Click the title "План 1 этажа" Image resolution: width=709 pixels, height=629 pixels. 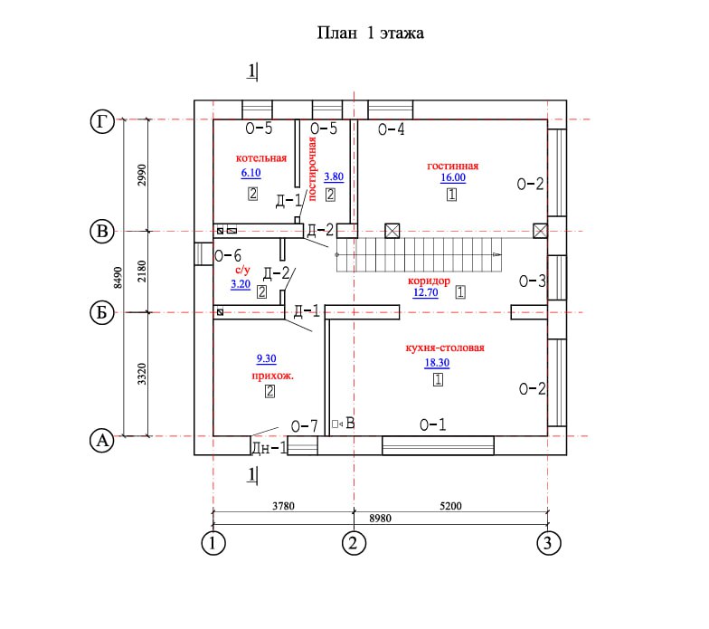[x=370, y=33]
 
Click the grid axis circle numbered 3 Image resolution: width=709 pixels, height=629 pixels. [x=547, y=543]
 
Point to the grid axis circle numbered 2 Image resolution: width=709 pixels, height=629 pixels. [x=353, y=543]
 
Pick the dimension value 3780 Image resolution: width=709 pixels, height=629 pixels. [x=282, y=507]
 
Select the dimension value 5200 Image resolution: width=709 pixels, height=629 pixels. [x=450, y=507]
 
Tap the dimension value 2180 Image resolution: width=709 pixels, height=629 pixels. [x=141, y=272]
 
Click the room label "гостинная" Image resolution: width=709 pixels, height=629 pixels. [x=452, y=166]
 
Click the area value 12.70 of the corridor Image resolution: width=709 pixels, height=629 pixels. [x=425, y=293]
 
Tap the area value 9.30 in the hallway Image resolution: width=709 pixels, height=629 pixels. [x=267, y=358]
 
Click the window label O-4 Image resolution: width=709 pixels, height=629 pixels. [x=391, y=129]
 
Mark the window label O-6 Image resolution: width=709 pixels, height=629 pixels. [x=227, y=256]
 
